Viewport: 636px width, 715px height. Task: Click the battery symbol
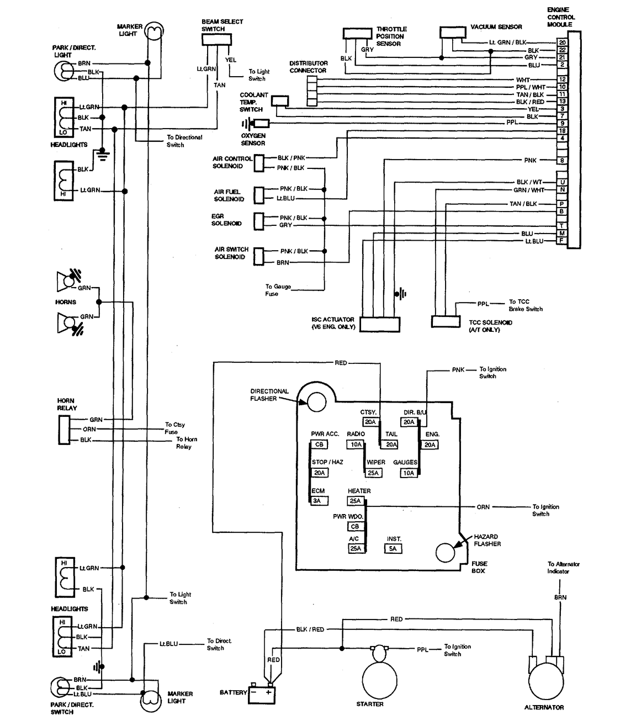[262, 693]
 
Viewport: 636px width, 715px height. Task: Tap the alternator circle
[545, 681]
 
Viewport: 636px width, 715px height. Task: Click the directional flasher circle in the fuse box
[316, 401]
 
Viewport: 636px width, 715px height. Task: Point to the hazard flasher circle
[446, 552]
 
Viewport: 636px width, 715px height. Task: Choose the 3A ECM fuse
[319, 500]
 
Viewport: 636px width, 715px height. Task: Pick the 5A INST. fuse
[393, 548]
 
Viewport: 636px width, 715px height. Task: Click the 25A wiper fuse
[373, 473]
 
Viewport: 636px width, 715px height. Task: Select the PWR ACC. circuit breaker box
[319, 444]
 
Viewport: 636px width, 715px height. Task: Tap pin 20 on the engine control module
[562, 43]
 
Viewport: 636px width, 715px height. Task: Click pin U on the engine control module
[562, 182]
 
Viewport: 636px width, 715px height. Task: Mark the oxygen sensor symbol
[256, 124]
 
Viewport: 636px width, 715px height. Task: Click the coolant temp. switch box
[280, 101]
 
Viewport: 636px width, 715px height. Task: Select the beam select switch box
[217, 40]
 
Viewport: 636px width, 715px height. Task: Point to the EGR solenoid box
[259, 221]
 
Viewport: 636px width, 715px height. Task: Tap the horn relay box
[64, 430]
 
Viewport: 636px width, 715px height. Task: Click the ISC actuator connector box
[380, 324]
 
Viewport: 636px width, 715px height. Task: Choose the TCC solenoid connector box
[446, 321]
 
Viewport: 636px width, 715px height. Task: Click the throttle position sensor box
[358, 34]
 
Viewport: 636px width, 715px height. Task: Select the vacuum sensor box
[453, 32]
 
